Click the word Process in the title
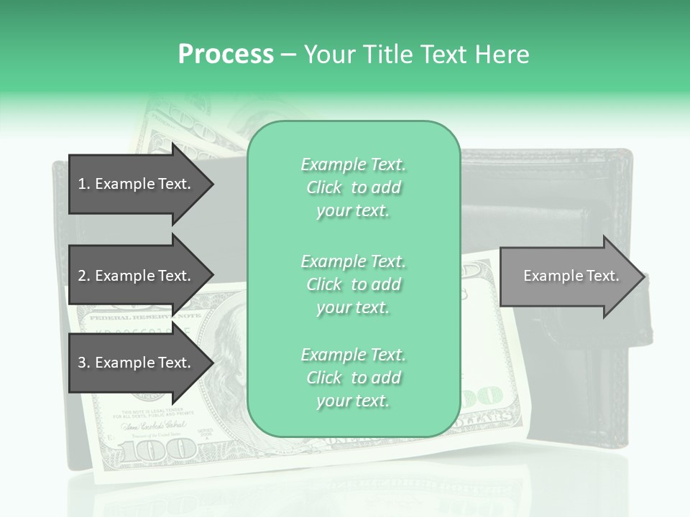pyautogui.click(x=226, y=55)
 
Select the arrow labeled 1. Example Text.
pyautogui.click(x=137, y=184)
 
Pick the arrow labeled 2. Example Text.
pyautogui.click(x=137, y=276)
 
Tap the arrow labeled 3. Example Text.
pyautogui.click(x=137, y=363)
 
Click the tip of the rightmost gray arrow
pyautogui.click(x=643, y=276)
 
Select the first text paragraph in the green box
pyautogui.click(x=353, y=187)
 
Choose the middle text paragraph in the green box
pyautogui.click(x=353, y=284)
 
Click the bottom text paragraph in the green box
pyautogui.click(x=353, y=378)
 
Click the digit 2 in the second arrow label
pyautogui.click(x=82, y=276)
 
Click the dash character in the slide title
pyautogui.click(x=288, y=55)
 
